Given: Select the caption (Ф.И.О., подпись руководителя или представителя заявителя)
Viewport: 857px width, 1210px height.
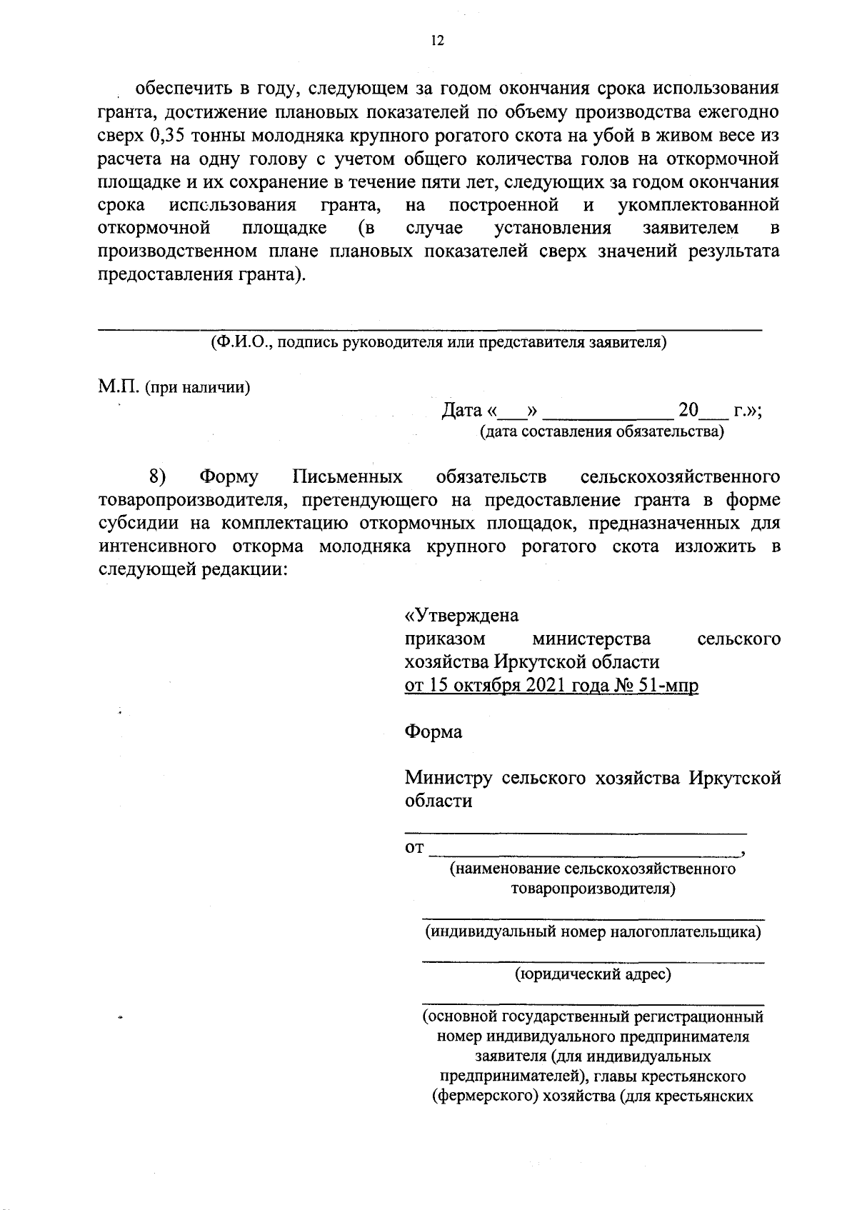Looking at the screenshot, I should [x=438, y=341].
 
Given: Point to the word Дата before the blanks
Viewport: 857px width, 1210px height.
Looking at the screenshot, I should [x=462, y=411].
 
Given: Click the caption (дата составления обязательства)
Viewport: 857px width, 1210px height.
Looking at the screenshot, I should [x=601, y=431].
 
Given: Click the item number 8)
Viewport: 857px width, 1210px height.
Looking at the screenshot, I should [x=157, y=476].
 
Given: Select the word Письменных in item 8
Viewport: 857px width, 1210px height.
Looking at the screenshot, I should [x=347, y=476].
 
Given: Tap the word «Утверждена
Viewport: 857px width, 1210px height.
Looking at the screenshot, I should [x=461, y=615].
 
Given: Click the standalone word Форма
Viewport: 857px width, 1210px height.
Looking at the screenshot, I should [x=433, y=732].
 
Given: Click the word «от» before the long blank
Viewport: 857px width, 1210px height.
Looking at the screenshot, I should [x=414, y=849].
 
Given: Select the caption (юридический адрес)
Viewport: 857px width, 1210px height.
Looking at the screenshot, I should [x=593, y=974].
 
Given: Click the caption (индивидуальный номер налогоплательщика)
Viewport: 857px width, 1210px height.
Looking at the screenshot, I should [x=593, y=932].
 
